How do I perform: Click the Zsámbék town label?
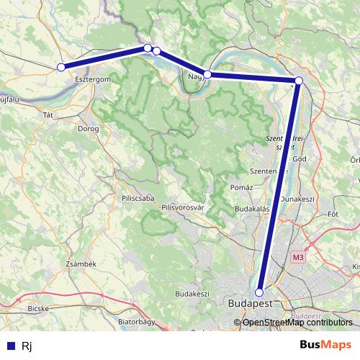pos(81,264)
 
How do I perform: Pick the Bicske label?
pos(37,308)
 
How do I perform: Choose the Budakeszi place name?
pos(192,294)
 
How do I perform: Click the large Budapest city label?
pos(249,305)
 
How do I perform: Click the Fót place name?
pos(333,214)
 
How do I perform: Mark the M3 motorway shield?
pos(299,256)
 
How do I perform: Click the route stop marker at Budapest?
pos(260,292)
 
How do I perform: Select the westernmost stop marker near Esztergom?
pos(61,67)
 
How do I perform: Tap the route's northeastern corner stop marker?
pos(299,80)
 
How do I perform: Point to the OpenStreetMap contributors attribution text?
pos(297,323)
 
